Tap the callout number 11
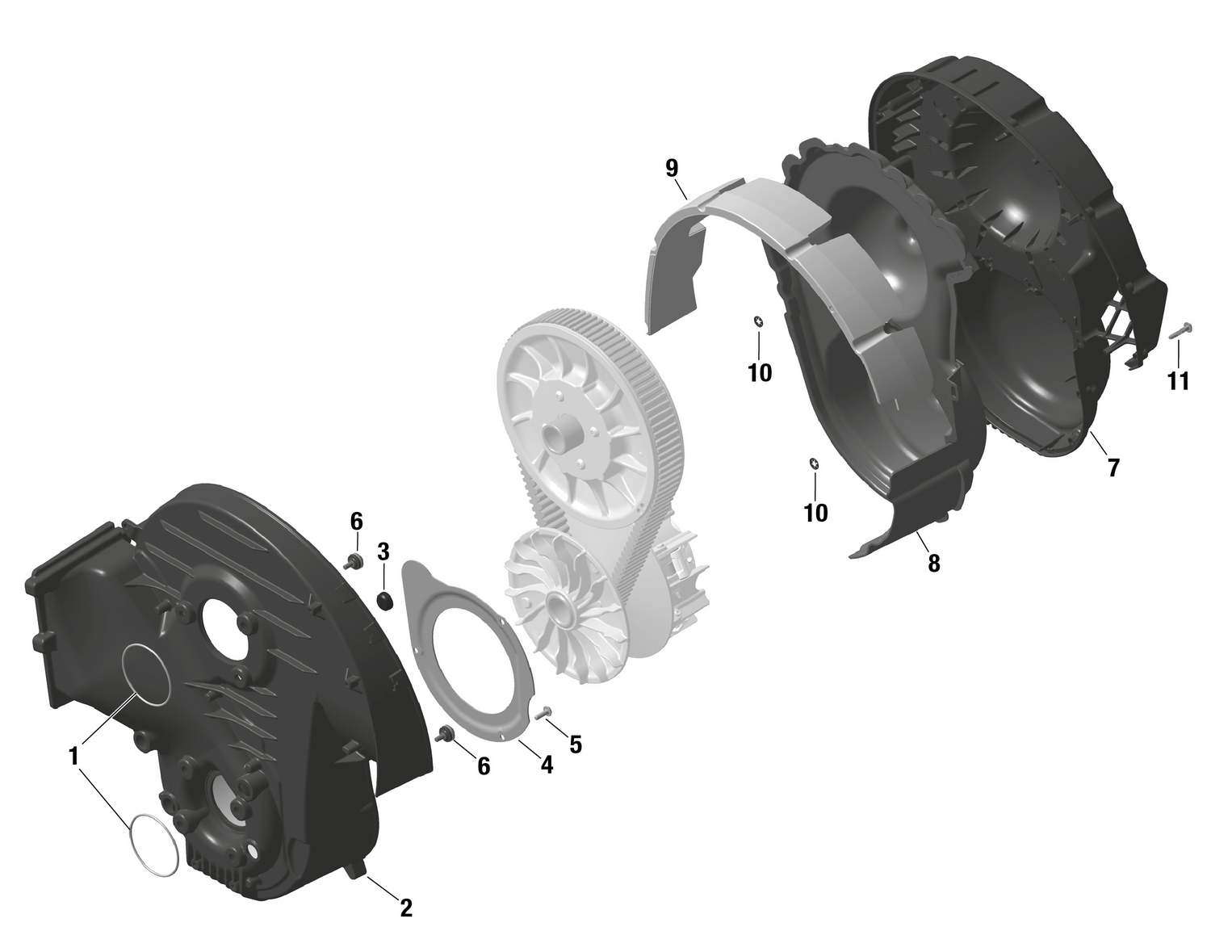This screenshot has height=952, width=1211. coord(1178,380)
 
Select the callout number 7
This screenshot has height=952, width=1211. coord(1113,467)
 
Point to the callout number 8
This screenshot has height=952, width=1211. coord(934,564)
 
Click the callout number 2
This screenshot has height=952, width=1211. coord(406,908)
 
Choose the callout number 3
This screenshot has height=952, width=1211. coord(383,552)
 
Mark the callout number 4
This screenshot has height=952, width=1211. coord(547,764)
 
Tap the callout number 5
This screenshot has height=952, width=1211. coord(575,744)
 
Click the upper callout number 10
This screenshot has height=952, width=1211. coord(760,372)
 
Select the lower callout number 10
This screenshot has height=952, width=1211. coord(815,513)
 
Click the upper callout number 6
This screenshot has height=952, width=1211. coord(356,521)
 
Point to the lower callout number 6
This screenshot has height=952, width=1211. coord(483,766)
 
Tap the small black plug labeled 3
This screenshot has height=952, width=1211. coord(386,599)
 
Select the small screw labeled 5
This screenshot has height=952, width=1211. coord(543,711)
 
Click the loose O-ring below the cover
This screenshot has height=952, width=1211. coord(153,844)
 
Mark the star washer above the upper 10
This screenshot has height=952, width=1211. coord(759,322)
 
